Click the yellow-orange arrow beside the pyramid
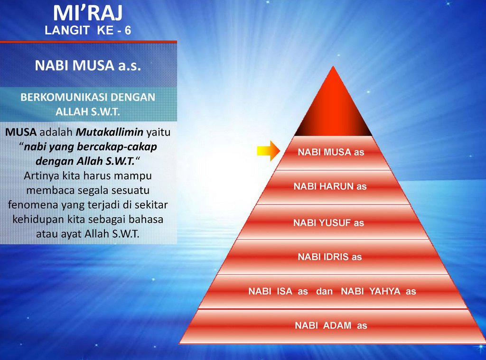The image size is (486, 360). [269, 151]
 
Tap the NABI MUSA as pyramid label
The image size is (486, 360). [331, 152]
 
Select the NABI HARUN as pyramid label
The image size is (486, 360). [330, 186]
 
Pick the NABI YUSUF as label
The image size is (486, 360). [328, 223]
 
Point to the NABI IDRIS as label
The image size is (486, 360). [330, 257]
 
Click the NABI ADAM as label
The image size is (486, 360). [331, 325]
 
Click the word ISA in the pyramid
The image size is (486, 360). [285, 291]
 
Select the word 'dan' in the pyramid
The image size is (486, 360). [324, 292]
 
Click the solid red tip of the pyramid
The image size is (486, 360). [333, 105]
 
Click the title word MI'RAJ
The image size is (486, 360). [88, 13]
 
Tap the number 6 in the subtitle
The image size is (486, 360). [128, 30]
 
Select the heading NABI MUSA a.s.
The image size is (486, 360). [88, 65]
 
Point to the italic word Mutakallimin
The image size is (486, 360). [110, 132]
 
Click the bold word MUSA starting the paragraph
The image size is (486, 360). [21, 132]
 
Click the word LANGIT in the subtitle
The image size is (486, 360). [67, 30]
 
